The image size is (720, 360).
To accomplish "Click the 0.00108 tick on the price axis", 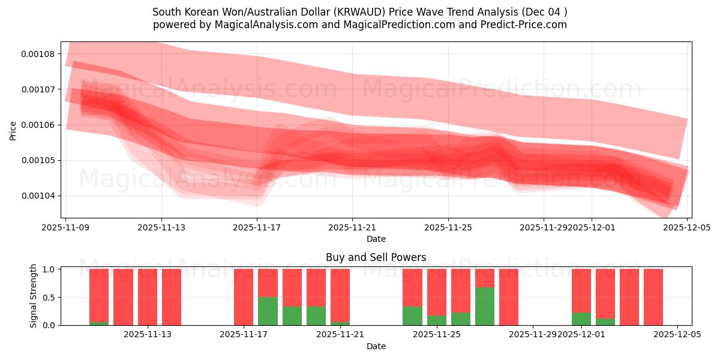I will (x=38, y=54).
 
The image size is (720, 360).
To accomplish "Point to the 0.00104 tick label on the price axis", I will (x=38, y=196).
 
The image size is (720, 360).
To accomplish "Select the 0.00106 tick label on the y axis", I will (x=38, y=125).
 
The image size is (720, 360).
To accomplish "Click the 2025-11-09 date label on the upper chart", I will (x=65, y=228).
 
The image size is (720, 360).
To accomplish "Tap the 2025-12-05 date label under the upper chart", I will (x=687, y=228).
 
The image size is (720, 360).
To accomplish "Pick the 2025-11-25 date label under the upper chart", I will (x=448, y=228).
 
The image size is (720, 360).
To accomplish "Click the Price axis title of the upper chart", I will (x=13, y=130).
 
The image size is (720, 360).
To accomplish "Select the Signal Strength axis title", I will (x=34, y=296).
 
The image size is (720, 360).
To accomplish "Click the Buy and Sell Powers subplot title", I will (x=376, y=257).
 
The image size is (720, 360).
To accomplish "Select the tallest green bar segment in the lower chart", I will (x=484, y=306).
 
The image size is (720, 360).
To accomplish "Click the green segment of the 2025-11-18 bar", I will (x=268, y=311).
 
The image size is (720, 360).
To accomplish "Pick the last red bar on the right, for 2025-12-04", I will (x=653, y=297).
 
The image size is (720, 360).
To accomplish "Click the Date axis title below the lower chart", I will (x=376, y=346).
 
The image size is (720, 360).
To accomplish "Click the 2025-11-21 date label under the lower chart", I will (x=340, y=334).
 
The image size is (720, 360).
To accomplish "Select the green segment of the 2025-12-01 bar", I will (x=581, y=319).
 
